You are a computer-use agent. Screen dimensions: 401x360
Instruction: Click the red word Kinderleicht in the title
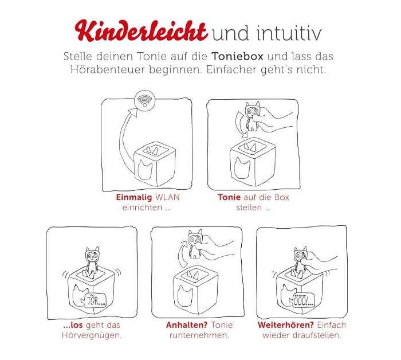click(x=141, y=31)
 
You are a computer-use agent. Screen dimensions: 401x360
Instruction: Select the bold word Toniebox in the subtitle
click(x=237, y=56)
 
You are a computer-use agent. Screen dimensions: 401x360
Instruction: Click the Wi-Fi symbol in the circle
click(x=145, y=100)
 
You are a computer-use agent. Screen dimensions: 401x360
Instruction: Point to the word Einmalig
click(x=134, y=197)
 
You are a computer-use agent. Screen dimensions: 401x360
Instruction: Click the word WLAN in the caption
click(x=167, y=197)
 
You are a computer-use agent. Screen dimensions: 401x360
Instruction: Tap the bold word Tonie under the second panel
click(x=229, y=197)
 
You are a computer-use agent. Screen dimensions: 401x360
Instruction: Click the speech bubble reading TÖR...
click(x=93, y=300)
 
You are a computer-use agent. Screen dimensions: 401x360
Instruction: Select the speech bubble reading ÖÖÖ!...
click(x=302, y=300)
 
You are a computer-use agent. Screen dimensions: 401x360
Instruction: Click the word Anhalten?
click(x=186, y=325)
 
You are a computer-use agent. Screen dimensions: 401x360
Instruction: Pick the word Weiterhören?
click(x=286, y=325)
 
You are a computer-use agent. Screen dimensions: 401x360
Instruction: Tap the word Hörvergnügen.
click(x=92, y=335)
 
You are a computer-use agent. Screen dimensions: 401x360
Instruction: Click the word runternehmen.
click(x=199, y=335)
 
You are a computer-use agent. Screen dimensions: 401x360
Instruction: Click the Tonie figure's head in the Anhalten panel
click(x=195, y=238)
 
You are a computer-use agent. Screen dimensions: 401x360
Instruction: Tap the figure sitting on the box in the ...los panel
click(x=92, y=260)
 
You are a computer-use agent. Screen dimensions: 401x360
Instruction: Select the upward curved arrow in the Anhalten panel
click(x=182, y=254)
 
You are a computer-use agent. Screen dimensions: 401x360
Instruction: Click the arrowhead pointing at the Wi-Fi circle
click(x=133, y=112)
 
